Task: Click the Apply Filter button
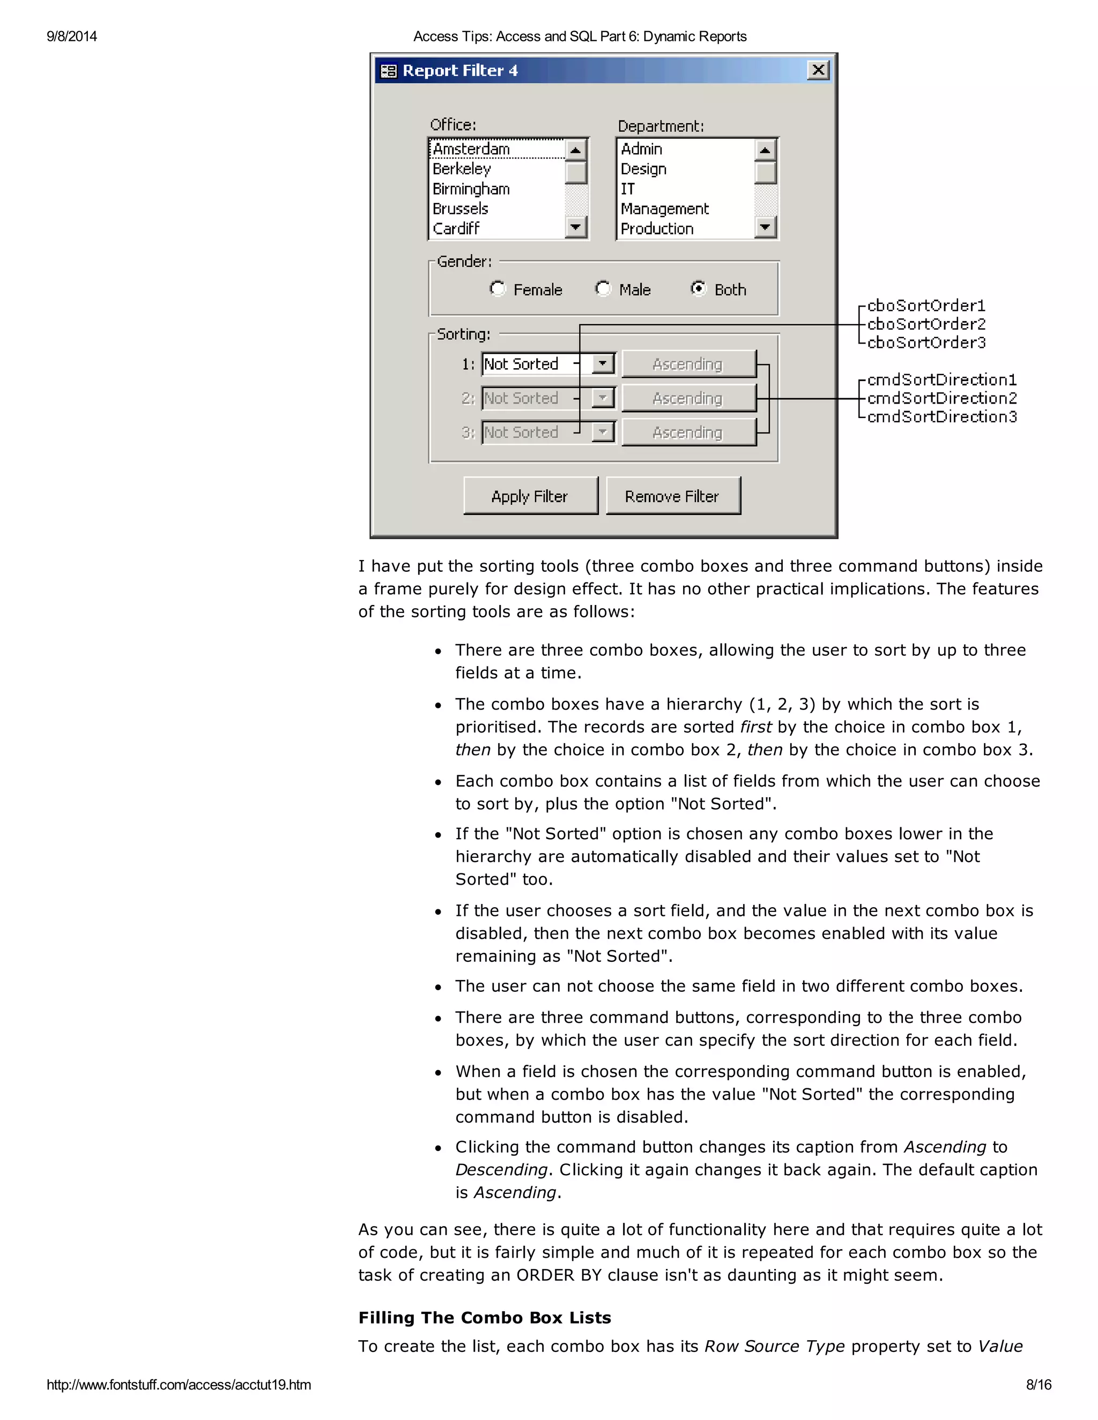point(530,496)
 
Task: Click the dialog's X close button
point(818,70)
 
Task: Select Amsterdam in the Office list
point(472,149)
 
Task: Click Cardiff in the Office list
point(456,229)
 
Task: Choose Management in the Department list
point(664,208)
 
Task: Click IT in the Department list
point(628,189)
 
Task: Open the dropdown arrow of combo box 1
point(603,363)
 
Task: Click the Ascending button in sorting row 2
point(688,398)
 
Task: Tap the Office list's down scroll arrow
point(576,228)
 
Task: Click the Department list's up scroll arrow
point(765,150)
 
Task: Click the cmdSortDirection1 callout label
point(941,380)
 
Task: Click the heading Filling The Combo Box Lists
point(485,1317)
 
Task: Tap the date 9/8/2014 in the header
point(71,36)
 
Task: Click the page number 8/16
point(1038,1384)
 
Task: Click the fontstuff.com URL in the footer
point(179,1384)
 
